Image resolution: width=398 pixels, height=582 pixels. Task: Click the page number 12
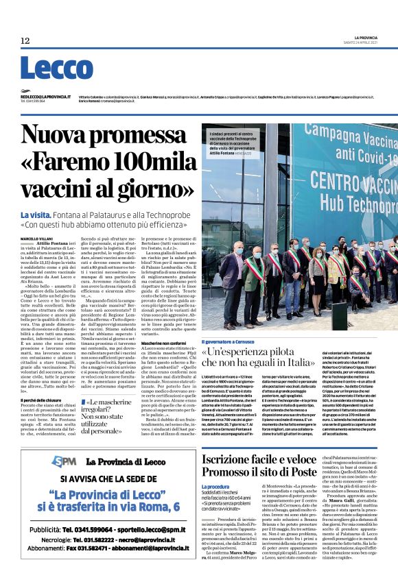(x=25, y=41)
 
